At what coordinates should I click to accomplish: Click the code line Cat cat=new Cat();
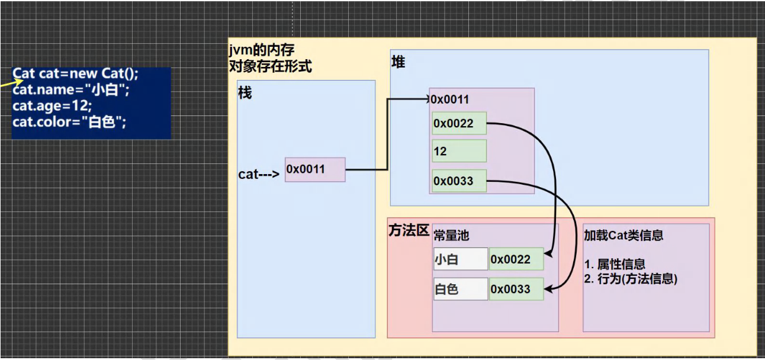[76, 74]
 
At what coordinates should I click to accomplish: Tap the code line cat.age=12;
[52, 107]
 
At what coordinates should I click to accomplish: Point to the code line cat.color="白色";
[70, 123]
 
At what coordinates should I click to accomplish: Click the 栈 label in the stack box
[245, 93]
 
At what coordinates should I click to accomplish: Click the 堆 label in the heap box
[398, 62]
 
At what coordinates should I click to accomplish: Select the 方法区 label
[409, 230]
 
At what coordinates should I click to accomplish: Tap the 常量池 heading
[451, 235]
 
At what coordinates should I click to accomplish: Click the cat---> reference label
[259, 174]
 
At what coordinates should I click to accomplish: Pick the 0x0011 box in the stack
[314, 169]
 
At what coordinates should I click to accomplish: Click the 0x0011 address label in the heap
[450, 99]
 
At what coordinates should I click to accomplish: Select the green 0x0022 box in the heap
[459, 123]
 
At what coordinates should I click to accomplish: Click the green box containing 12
[459, 151]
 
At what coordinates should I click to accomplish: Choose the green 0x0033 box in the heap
[459, 181]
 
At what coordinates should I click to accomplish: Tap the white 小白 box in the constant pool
[461, 259]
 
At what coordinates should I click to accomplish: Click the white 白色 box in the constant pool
[461, 290]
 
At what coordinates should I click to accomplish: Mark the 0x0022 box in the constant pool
[516, 259]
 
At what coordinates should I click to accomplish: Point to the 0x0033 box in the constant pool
[516, 290]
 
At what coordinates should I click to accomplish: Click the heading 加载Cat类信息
[623, 235]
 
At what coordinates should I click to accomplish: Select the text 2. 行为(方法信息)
[631, 279]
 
